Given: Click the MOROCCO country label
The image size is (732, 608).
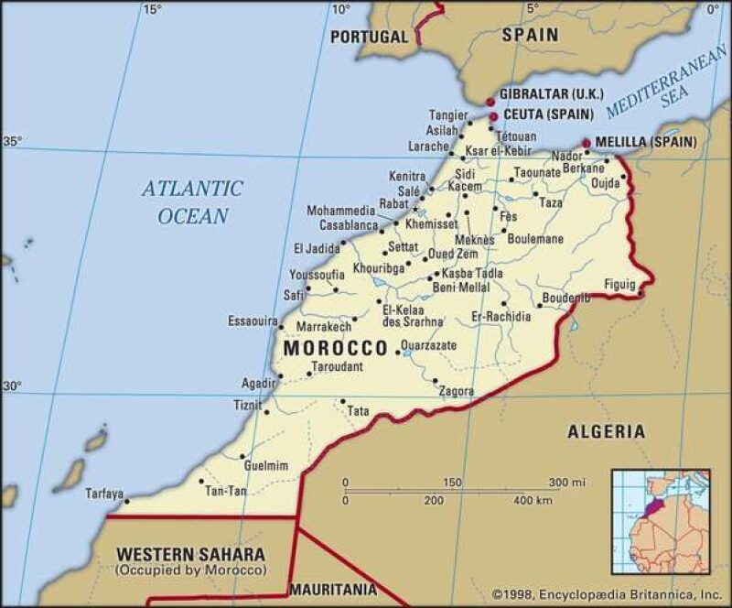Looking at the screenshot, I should coord(336,349).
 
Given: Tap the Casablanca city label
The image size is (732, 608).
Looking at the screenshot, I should coord(349,225).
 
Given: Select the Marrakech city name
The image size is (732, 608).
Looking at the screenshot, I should coord(325,326).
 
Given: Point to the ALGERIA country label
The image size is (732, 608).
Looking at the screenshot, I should coord(606,431).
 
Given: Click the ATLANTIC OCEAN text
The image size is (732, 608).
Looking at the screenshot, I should coord(192,202).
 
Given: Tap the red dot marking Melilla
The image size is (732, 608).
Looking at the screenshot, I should coord(587,143).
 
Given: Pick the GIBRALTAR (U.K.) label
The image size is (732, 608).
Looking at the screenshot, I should coord(551,94).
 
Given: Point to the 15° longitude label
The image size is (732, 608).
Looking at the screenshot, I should coord(152,10).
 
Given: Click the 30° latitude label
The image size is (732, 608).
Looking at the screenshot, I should coord(12,386).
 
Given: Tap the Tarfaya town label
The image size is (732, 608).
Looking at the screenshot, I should coord(103,494).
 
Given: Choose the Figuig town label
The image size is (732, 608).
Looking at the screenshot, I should coord(619,285).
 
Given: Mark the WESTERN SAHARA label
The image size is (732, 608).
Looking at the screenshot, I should coord(190,554).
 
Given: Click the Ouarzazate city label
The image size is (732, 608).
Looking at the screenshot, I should coord(429,345).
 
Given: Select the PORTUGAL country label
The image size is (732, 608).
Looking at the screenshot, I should coord(369,37).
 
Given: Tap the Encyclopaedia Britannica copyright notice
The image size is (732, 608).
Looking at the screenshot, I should coord(606,593).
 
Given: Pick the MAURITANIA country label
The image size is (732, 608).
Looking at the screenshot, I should coord(332,589).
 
